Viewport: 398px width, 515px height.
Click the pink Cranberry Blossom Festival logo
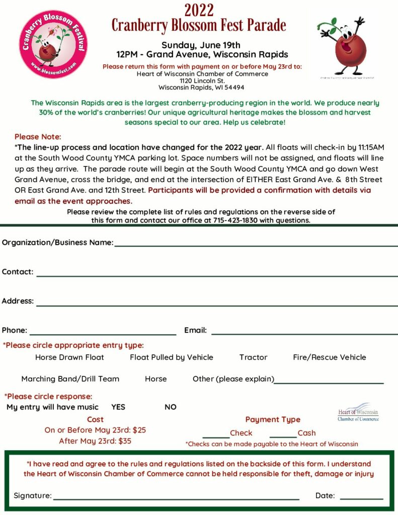click(53, 44)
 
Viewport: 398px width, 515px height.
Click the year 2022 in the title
click(199, 10)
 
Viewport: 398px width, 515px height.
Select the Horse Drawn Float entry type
click(69, 358)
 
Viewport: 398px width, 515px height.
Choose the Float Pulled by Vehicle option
click(172, 358)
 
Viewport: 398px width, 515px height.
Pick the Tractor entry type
click(253, 358)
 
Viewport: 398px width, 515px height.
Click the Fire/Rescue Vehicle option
click(330, 358)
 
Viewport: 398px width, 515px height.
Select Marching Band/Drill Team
click(70, 379)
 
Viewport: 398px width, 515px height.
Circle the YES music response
click(118, 407)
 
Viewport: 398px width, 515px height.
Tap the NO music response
click(171, 407)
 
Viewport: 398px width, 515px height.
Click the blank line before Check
click(216, 436)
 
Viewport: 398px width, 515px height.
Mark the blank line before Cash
click(283, 436)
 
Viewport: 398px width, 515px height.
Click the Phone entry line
click(103, 333)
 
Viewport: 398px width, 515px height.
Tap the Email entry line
click(304, 333)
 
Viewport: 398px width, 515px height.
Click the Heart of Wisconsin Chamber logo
click(358, 412)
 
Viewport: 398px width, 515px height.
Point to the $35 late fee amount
click(124, 441)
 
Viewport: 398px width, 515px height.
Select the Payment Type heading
click(273, 419)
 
